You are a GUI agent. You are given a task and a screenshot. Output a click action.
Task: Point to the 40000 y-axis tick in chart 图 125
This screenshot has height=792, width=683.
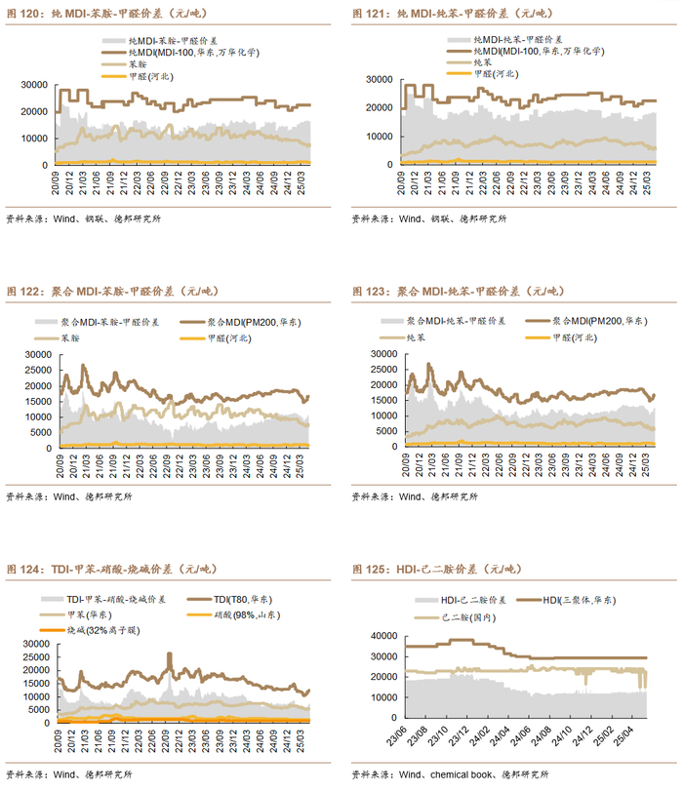point(382,636)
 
